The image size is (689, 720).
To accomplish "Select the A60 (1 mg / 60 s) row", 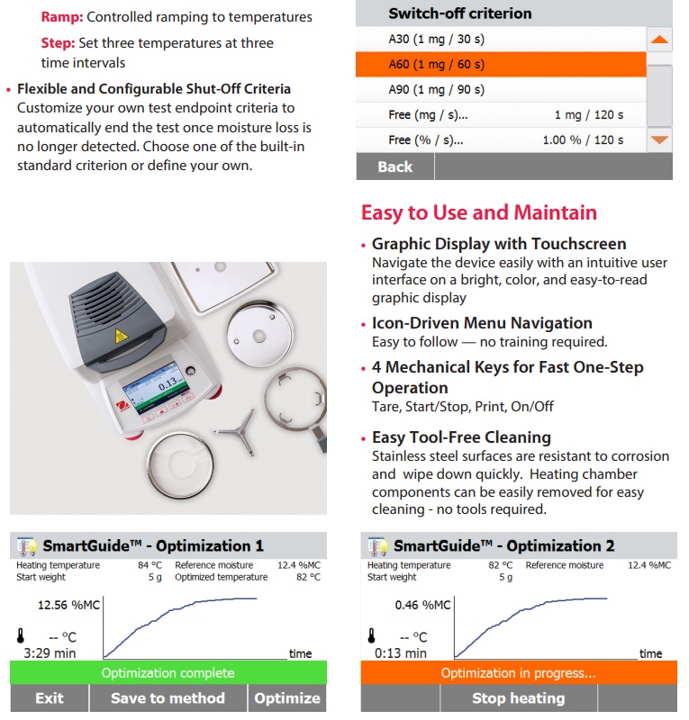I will point(500,64).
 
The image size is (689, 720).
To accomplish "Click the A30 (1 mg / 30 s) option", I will point(500,39).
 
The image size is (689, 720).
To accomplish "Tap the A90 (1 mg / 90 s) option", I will point(500,89).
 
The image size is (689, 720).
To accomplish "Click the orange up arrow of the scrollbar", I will point(660,40).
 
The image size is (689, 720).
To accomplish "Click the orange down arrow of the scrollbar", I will point(660,139).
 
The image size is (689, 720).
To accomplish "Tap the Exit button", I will point(50,697).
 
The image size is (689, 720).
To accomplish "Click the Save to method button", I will point(168,697).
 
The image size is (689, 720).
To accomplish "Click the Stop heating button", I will point(518,697).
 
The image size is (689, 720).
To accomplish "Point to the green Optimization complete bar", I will point(168,672).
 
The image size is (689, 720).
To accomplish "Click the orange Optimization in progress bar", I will point(518,672).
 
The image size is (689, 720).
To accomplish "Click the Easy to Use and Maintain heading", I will point(478,212).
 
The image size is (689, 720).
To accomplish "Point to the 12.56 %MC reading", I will point(67,605).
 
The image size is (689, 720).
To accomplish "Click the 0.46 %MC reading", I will point(422,605).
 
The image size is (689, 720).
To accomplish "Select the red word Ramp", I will point(61,16).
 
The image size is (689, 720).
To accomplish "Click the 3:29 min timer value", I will point(50,652).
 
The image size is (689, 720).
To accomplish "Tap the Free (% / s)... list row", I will point(500,139).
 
